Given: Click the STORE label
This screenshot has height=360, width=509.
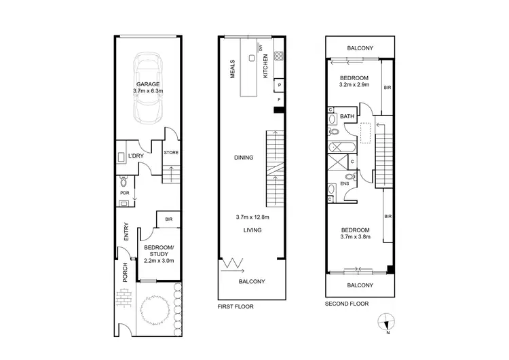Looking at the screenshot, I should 171,153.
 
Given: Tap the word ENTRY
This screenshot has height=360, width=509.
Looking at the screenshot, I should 126,232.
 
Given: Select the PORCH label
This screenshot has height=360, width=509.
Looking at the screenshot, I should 125,272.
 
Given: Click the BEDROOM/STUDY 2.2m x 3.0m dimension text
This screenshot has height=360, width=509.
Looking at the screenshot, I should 159,260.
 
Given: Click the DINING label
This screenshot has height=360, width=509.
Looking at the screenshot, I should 244,158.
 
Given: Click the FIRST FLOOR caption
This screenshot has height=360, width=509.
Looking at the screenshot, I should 235,306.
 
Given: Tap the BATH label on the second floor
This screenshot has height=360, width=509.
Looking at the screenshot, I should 347,117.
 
